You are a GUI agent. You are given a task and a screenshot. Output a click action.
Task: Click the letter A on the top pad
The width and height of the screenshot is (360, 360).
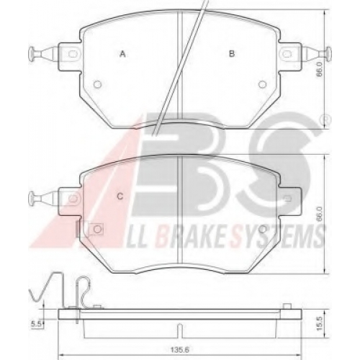122,54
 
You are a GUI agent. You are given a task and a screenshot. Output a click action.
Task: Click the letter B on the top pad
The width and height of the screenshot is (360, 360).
232,53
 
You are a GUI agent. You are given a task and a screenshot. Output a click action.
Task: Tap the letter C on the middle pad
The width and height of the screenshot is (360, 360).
120,197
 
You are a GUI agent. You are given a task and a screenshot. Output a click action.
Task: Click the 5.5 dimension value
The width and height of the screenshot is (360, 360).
36,325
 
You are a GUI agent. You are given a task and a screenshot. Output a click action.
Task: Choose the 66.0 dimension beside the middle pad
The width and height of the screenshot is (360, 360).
319,215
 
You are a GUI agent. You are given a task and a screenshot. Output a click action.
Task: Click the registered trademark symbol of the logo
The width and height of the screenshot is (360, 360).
328,120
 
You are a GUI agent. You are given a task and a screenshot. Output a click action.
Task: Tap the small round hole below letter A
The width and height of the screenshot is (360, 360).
97,84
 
